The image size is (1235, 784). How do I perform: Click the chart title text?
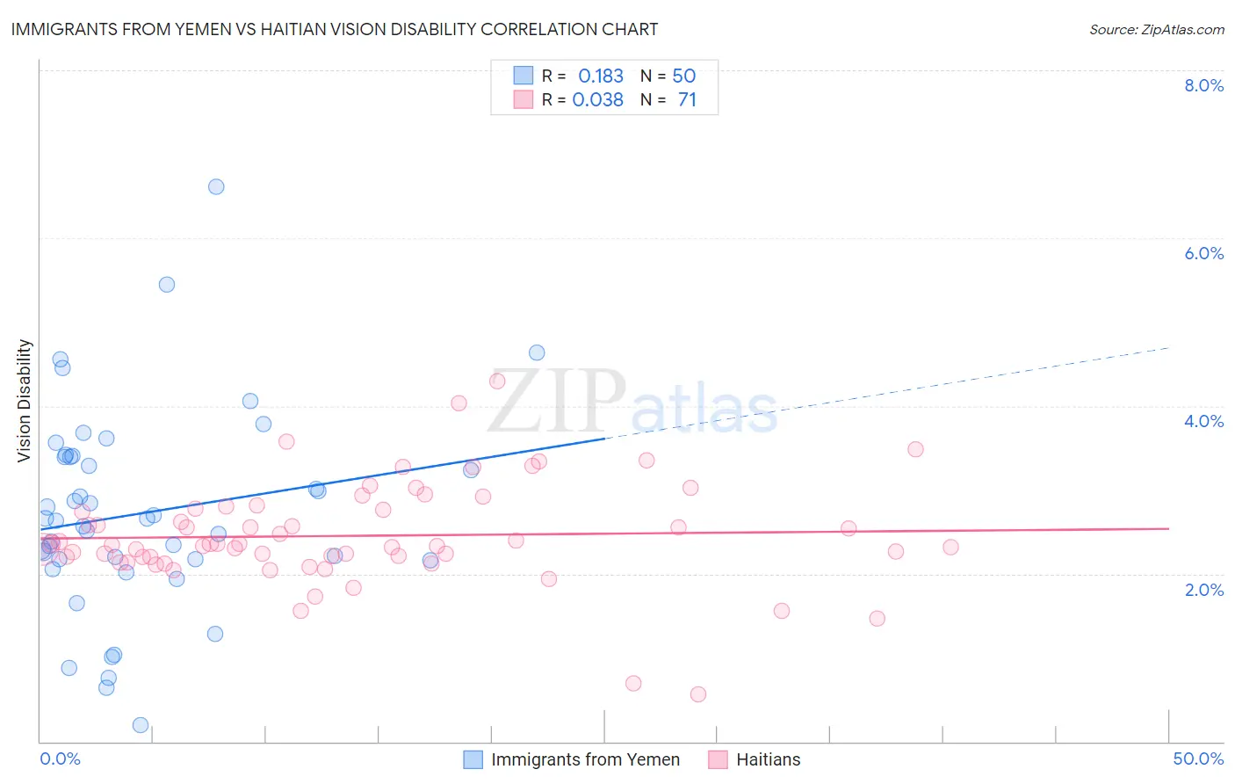pos(335,29)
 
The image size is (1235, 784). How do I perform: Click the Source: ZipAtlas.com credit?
pos(1156,30)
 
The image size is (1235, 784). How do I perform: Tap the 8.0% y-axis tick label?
pos(1203,85)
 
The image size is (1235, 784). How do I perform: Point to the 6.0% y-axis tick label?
pos(1203,253)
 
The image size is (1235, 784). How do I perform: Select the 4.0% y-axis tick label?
pos(1203,421)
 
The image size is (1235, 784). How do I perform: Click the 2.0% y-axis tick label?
pos(1203,590)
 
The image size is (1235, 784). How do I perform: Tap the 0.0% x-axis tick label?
pos(60,759)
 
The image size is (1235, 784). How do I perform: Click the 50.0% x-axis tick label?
pos(1198,759)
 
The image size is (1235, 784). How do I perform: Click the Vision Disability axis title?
pos(25,401)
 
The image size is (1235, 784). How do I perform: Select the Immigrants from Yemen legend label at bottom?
pos(585,759)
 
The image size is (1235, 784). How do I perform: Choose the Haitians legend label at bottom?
pos(768,759)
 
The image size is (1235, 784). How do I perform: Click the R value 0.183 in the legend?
pos(601,76)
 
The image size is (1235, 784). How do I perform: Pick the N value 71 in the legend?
pos(687,100)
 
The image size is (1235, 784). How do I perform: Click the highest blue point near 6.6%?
pos(216,186)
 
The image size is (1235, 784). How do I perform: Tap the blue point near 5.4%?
pos(167,285)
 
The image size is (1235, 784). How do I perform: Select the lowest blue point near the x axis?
pos(141,725)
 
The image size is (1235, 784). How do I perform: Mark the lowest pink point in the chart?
pos(698,694)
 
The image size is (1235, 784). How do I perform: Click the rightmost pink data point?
pos(950,547)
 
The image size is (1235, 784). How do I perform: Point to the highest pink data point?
pos(497,381)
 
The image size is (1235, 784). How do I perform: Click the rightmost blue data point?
pos(537,352)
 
